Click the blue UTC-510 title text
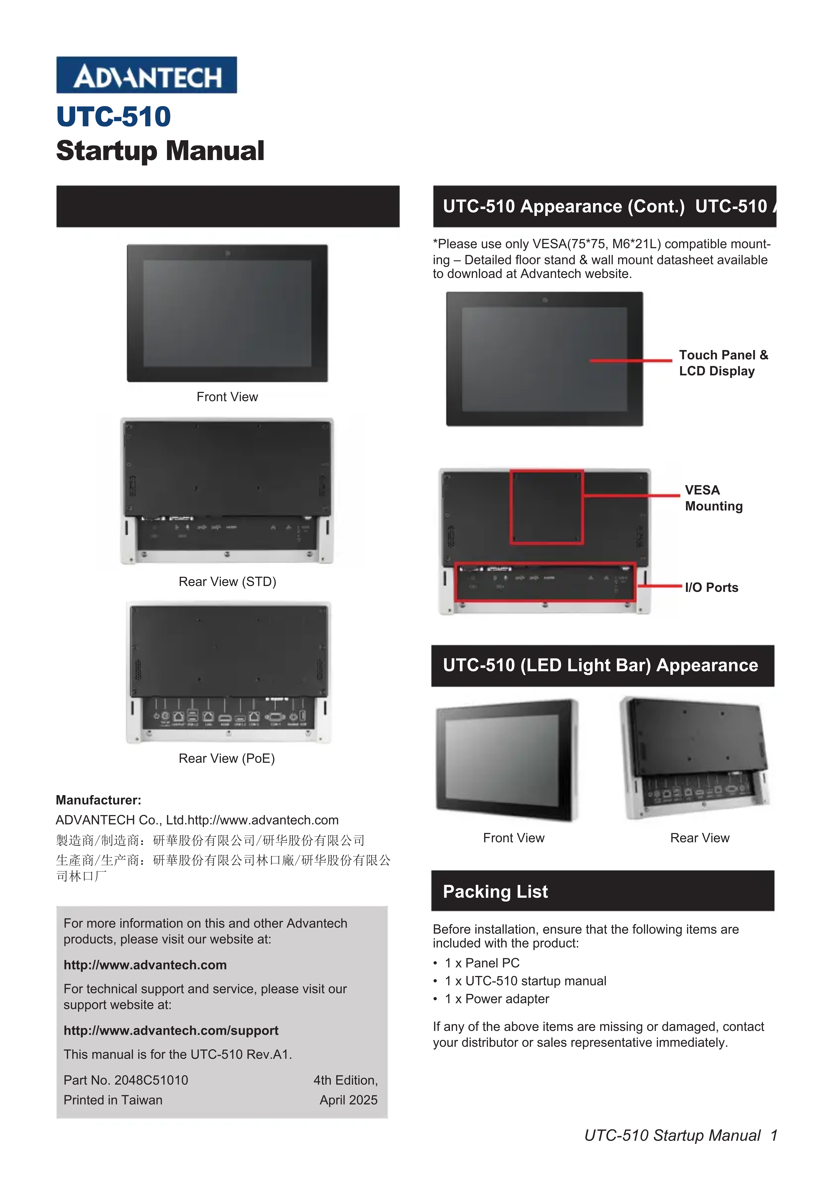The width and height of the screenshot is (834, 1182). pyautogui.click(x=114, y=117)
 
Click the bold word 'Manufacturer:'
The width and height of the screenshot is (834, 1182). pyautogui.click(x=98, y=800)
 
